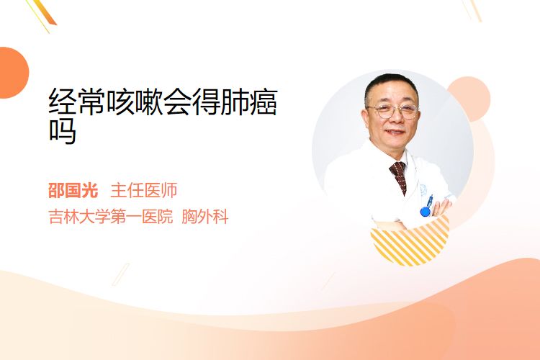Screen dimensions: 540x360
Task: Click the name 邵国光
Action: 73,191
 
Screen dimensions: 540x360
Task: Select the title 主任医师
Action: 143,191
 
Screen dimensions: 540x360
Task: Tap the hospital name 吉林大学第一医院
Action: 111,217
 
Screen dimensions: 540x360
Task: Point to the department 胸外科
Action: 205,217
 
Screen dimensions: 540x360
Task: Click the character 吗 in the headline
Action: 63,131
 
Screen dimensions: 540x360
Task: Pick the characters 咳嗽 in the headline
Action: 135,102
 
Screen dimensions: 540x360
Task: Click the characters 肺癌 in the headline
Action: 249,102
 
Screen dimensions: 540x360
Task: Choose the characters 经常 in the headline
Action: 77,102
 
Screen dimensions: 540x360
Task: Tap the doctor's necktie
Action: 399,176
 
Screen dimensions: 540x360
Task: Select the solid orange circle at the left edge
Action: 13,73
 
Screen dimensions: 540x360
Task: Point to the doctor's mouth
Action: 395,132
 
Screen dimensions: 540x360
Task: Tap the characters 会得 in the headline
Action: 192,102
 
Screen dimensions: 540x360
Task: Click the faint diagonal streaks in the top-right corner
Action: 472,9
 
